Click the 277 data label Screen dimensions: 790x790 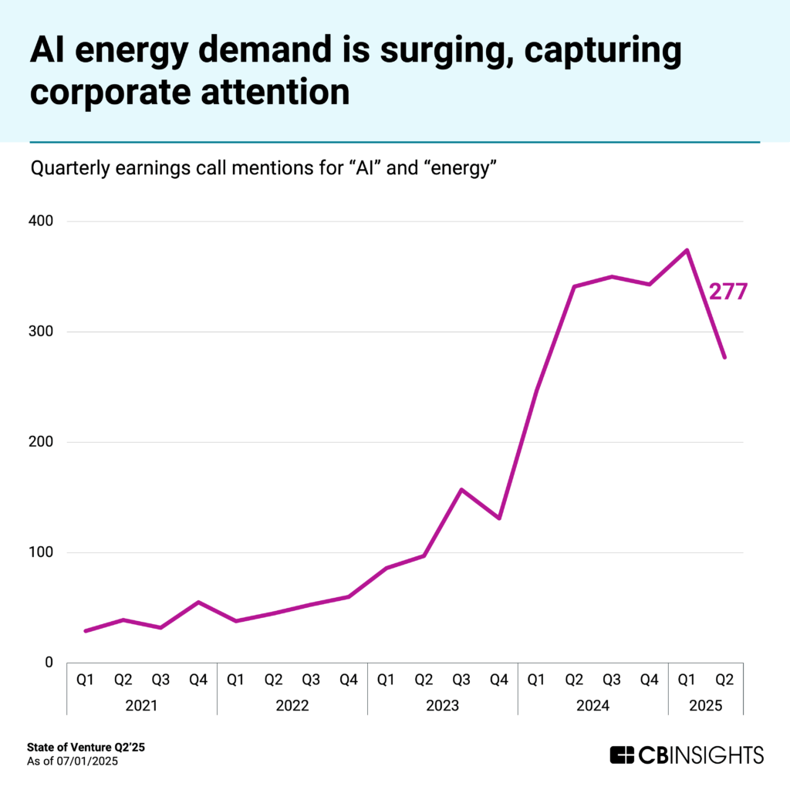click(728, 292)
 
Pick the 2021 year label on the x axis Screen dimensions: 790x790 click(142, 704)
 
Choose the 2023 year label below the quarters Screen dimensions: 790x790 click(443, 704)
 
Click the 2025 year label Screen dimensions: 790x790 click(706, 704)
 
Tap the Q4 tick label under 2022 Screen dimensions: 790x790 click(349, 680)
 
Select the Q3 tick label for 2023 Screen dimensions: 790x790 click(461, 680)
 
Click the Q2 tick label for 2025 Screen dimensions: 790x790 click(724, 680)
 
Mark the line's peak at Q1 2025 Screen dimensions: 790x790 click(687, 250)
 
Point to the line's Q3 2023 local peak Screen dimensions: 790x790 click(461, 489)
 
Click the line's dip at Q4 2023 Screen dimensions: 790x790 click(499, 518)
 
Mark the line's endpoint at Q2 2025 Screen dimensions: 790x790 click(724, 357)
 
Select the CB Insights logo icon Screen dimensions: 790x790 click(622, 754)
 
